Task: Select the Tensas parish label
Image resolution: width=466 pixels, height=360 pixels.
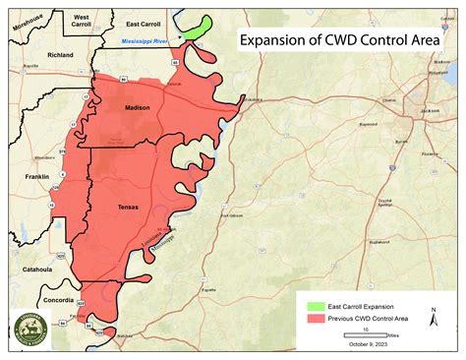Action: pos(127,207)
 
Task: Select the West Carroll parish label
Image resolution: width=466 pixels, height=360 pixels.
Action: pos(83,21)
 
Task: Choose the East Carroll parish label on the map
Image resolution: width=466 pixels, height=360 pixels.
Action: pos(146,21)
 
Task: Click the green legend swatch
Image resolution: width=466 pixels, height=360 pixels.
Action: pos(316,307)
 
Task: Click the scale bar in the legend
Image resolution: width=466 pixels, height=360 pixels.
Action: pos(365,336)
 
